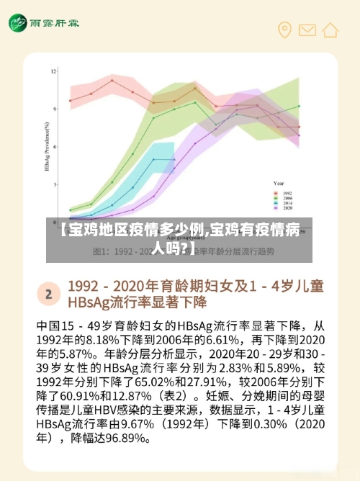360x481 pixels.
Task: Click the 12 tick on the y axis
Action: (53, 71)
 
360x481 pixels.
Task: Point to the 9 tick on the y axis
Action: (54, 109)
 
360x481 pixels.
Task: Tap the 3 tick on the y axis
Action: (54, 185)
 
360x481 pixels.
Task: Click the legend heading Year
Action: (279, 184)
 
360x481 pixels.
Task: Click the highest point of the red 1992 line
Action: (112, 81)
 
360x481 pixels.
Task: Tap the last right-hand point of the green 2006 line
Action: (299, 106)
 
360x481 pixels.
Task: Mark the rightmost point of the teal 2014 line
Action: (174, 159)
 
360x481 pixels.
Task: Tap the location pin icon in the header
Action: (285, 30)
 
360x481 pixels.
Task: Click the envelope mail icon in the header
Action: (307, 30)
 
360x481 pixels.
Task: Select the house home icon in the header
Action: (330, 30)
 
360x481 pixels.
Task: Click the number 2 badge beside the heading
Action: (48, 294)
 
